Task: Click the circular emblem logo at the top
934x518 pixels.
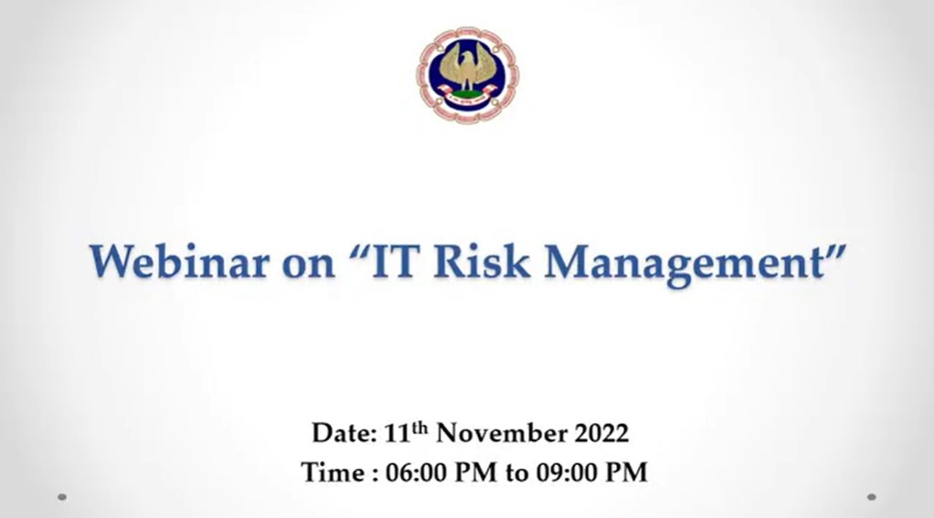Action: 468,74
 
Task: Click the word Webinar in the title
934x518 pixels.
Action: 179,261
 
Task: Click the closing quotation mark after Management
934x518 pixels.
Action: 835,249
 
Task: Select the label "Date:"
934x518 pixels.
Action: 344,433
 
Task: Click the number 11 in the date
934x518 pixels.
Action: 398,433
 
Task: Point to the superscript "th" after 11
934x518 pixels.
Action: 419,428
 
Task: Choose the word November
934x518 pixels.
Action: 502,433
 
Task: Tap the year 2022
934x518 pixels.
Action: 601,433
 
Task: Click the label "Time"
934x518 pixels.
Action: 333,472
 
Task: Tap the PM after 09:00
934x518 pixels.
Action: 626,472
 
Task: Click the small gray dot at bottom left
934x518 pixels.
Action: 62,497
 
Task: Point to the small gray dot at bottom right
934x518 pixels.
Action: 872,497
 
